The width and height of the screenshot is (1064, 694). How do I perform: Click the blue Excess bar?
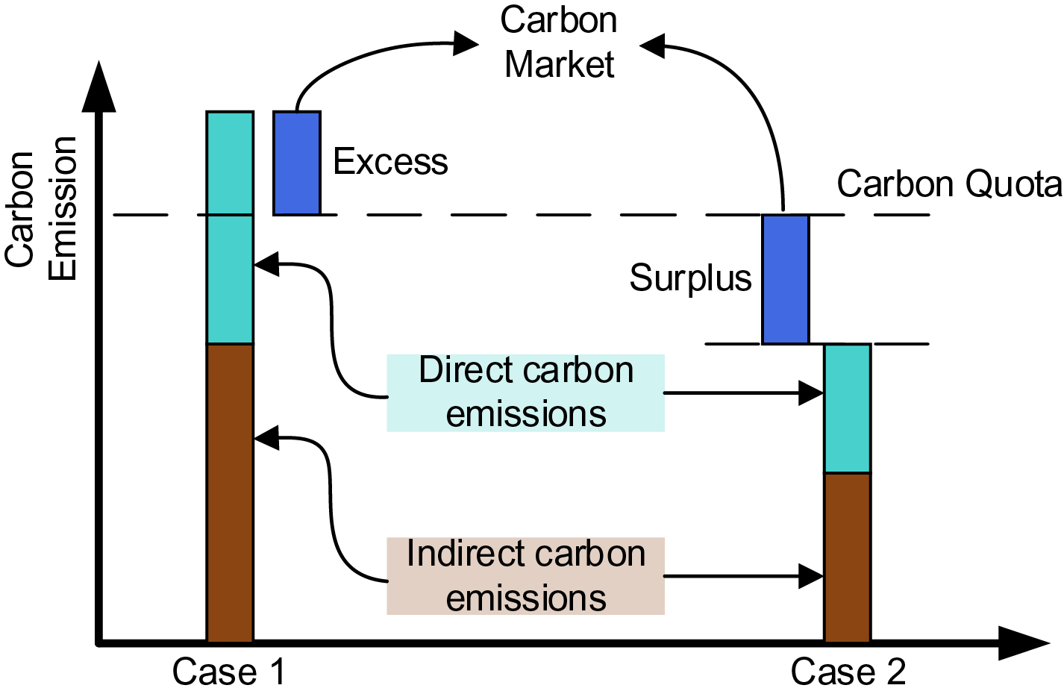coord(297,163)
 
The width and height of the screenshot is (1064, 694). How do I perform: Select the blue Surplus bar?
coord(786,279)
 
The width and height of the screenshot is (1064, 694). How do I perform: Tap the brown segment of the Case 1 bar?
coord(230,493)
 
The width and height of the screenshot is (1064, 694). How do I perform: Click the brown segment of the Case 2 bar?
coord(848,558)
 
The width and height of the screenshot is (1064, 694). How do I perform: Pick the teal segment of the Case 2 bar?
coord(848,408)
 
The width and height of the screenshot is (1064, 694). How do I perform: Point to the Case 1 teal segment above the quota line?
coord(230,163)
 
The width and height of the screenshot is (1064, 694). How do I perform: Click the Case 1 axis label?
coord(228,672)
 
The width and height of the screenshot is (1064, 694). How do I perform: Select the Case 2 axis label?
coord(848,672)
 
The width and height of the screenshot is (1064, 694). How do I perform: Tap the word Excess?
coord(390,161)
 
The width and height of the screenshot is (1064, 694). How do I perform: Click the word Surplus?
coord(691,278)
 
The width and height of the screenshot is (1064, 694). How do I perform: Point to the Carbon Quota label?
coord(949,184)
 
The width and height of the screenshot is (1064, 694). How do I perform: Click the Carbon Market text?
coord(559,43)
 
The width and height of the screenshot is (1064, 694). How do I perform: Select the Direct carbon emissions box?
coord(525,393)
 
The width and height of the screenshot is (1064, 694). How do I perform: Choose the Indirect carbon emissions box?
coord(525,575)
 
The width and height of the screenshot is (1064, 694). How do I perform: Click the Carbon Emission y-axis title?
coord(40,209)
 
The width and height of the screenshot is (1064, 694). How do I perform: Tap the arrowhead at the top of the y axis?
coord(98,87)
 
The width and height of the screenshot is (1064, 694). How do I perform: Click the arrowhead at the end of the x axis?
coord(1024,643)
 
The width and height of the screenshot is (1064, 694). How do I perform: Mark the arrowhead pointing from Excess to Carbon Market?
coord(466,43)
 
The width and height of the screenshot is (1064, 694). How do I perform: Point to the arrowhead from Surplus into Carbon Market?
coord(652,46)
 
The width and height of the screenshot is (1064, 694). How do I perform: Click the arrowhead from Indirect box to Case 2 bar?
coord(811,576)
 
